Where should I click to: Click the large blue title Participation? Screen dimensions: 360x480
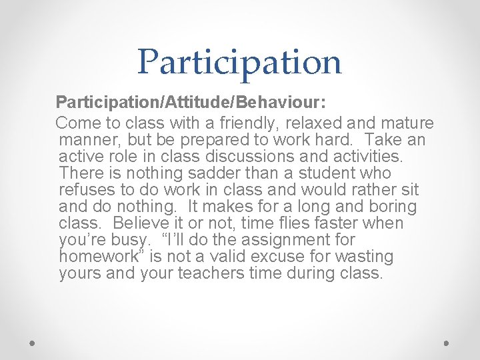(x=239, y=61)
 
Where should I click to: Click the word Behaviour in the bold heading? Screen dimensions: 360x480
(x=282, y=103)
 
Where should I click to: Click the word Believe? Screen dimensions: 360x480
(x=153, y=223)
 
